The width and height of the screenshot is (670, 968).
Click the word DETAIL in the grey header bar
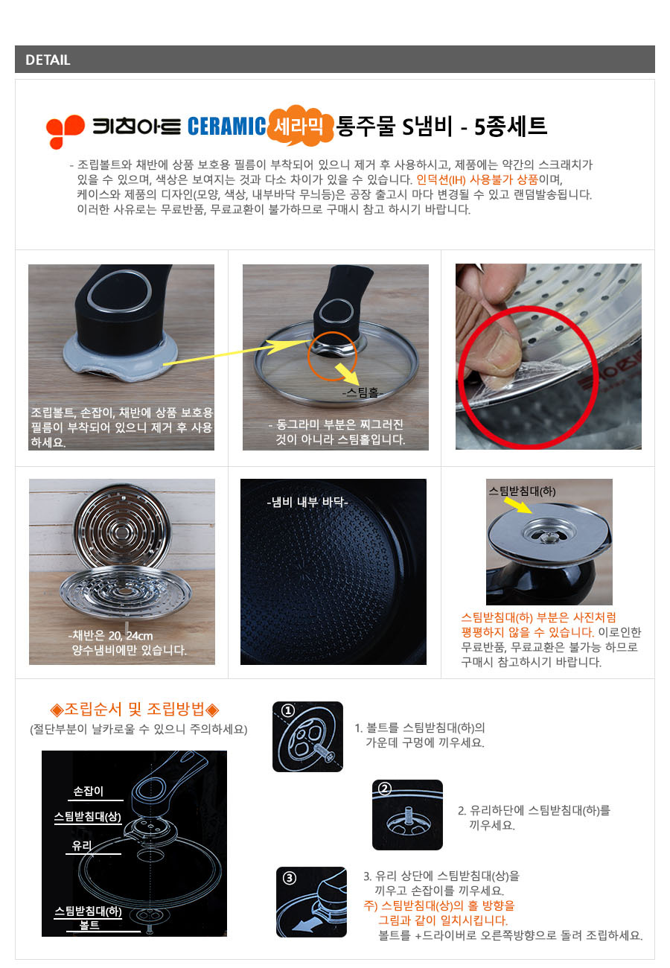point(48,60)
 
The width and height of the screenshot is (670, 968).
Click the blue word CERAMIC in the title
point(227,126)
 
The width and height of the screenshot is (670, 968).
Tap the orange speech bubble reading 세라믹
point(300,125)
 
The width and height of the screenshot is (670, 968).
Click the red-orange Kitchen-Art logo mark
point(65,131)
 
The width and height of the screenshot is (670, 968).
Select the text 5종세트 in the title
point(511,126)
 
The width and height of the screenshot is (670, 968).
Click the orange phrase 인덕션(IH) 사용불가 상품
point(477,179)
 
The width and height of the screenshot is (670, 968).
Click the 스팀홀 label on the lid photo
point(363,392)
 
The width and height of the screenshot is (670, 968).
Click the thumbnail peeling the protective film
point(548,357)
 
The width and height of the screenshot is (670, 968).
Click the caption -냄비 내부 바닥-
point(307,502)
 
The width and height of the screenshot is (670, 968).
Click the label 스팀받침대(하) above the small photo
point(522,491)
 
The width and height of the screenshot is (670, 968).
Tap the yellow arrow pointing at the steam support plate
point(518,505)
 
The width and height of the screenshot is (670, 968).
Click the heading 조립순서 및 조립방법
point(134,709)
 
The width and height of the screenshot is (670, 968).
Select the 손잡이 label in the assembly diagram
point(88,791)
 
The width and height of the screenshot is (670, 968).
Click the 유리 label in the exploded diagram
point(82,846)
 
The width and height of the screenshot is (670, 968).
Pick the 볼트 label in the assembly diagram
point(89,925)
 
